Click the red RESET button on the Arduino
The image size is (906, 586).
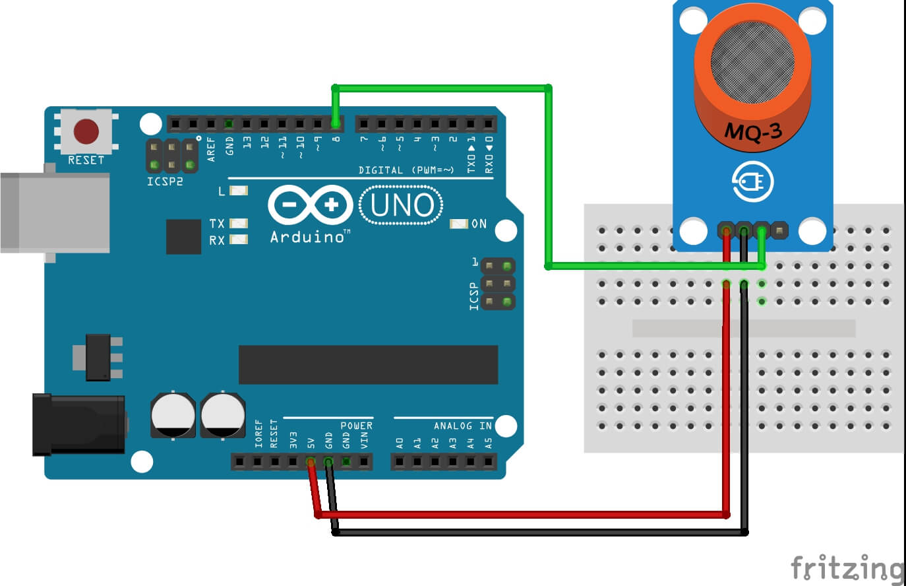click(x=86, y=131)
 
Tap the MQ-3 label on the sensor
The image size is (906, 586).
click(x=753, y=132)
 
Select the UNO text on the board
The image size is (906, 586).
click(x=402, y=205)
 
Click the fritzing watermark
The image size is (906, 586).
click(x=847, y=568)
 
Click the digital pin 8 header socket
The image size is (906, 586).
click(x=336, y=123)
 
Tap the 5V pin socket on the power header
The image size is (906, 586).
click(x=311, y=462)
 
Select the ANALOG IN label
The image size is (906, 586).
click(x=462, y=426)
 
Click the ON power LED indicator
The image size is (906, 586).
click(x=458, y=224)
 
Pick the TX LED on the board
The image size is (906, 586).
click(x=238, y=224)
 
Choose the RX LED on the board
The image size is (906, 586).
click(x=238, y=240)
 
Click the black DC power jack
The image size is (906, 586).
click(x=78, y=424)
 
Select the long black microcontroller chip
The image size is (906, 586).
click(x=368, y=364)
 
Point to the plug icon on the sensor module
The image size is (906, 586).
click(x=752, y=182)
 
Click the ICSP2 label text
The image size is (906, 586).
click(x=164, y=181)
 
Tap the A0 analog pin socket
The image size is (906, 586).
click(x=400, y=462)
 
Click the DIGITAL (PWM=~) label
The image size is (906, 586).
click(x=406, y=170)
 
